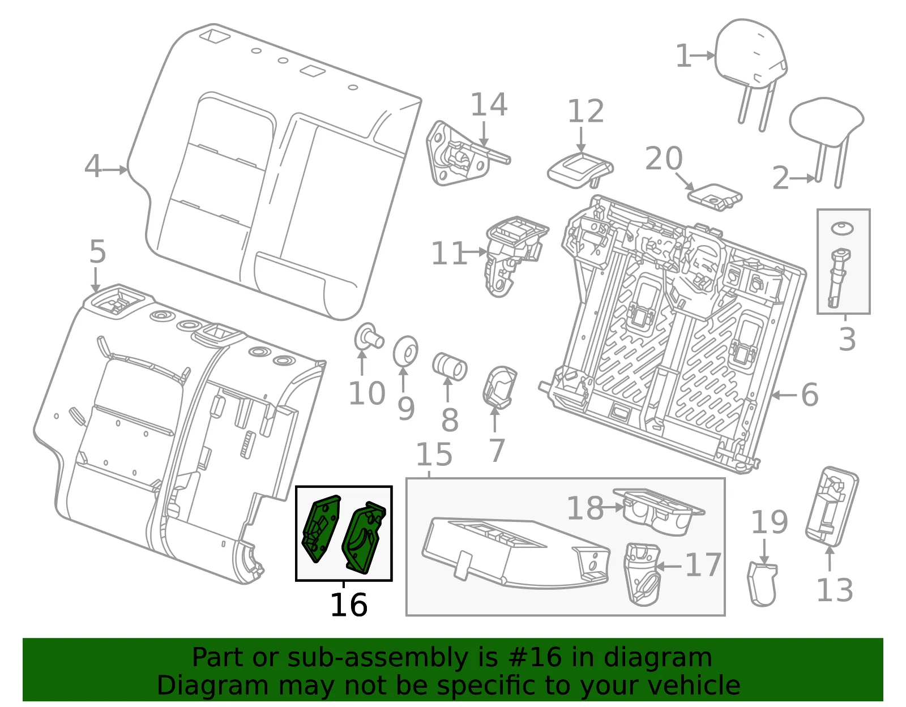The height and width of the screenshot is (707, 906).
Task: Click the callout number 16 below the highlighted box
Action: [x=349, y=605]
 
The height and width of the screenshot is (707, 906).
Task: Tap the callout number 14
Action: [x=489, y=105]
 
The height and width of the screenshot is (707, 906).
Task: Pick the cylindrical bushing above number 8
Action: [x=450, y=366]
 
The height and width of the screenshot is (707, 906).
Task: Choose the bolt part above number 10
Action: [x=369, y=337]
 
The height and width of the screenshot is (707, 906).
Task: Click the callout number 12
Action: [x=586, y=112]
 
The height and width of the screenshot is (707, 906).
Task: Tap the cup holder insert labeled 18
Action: [x=658, y=512]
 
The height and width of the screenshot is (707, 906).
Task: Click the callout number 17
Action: [x=703, y=565]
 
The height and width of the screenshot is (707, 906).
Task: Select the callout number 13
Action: [x=835, y=590]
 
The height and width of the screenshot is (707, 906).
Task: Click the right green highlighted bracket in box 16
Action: [x=364, y=537]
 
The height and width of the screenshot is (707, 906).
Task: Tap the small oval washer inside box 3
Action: [x=842, y=228]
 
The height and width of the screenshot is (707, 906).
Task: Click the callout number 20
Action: [x=664, y=158]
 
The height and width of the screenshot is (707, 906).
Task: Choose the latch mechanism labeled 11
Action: [x=516, y=255]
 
